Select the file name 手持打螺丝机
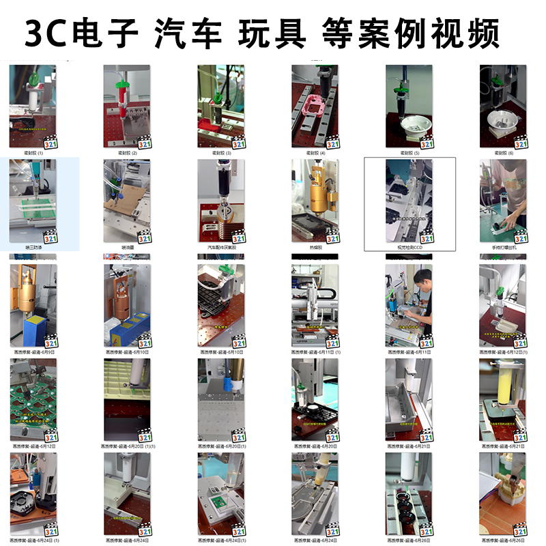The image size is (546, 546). click(503, 248)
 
